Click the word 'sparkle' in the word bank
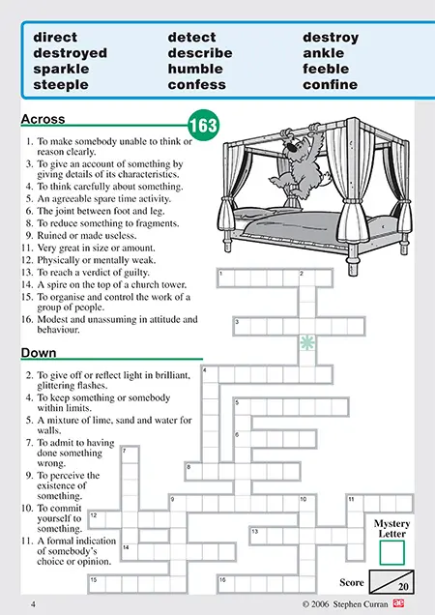[x=61, y=70]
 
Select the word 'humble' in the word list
[x=195, y=69]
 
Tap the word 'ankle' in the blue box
[x=323, y=53]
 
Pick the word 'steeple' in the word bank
[x=61, y=85]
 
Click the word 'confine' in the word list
[x=330, y=85]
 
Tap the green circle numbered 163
[x=203, y=125]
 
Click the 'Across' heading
[x=43, y=119]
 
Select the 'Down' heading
[x=39, y=353]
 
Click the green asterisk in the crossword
[x=307, y=343]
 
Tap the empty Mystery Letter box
[x=391, y=553]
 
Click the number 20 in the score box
[x=403, y=587]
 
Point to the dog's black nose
[x=291, y=148]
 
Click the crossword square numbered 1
[x=226, y=278]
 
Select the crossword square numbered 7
[x=130, y=454]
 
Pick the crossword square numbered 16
[x=226, y=584]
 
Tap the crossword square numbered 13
[x=258, y=536]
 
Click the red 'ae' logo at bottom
[x=399, y=603]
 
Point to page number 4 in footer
[x=33, y=604]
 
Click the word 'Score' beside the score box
[x=352, y=582]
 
